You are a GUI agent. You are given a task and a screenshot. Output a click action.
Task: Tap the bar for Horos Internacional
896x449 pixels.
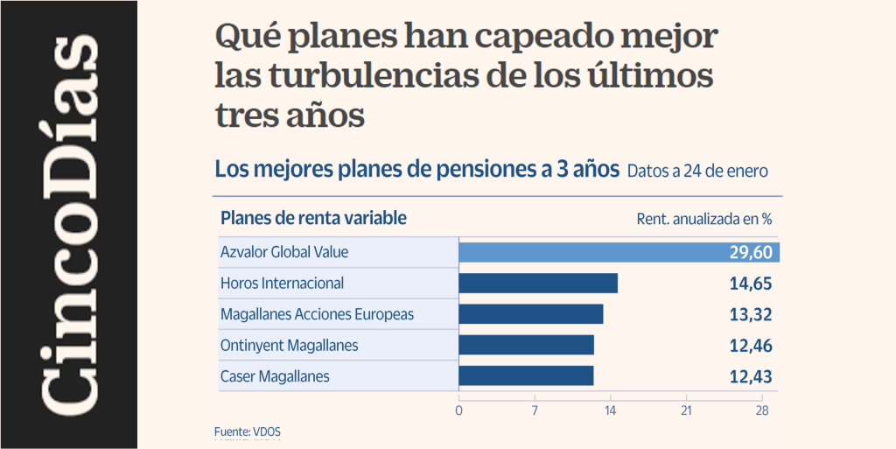click(x=538, y=283)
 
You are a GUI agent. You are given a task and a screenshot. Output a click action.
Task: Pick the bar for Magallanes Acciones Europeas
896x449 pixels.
click(x=531, y=314)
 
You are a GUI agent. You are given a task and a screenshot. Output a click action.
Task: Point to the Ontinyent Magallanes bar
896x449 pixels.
click(x=527, y=345)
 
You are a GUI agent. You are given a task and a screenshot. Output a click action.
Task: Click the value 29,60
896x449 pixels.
click(x=751, y=252)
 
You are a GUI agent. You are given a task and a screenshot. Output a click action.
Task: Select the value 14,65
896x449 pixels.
click(x=751, y=284)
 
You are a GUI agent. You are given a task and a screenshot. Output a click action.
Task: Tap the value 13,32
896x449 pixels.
click(x=751, y=314)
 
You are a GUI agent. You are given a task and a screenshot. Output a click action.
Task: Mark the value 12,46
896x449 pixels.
click(x=751, y=346)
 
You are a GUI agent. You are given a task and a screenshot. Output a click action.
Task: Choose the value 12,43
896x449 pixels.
click(x=751, y=376)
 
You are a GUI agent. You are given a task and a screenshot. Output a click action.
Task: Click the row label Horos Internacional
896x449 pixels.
click(x=282, y=283)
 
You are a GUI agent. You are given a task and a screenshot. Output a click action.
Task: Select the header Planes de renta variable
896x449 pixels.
click(x=313, y=218)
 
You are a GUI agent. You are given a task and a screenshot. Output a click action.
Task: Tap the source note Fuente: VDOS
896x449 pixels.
click(x=248, y=431)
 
